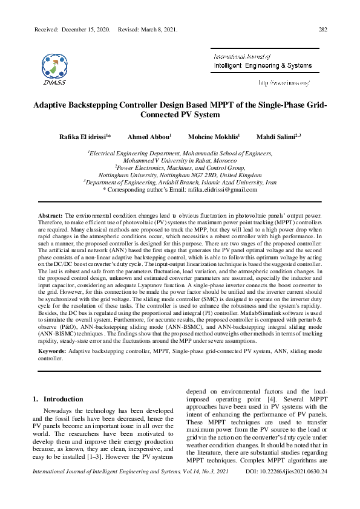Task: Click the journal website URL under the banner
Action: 284,82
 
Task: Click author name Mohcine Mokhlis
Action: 214,137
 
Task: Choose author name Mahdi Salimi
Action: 277,137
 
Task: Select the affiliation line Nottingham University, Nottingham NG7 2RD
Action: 179,174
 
